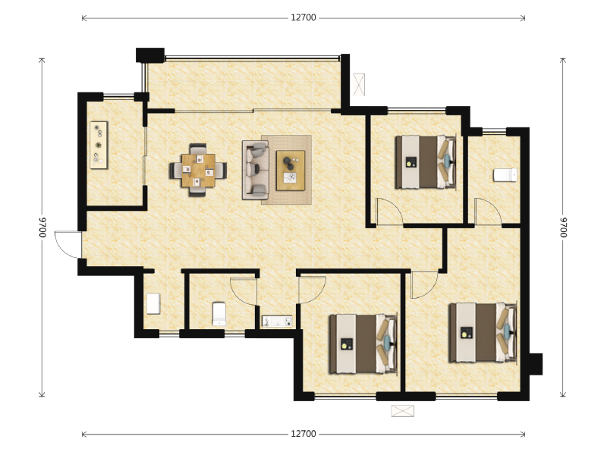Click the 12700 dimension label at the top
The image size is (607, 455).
(x=303, y=17)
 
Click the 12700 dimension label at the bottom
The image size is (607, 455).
(x=303, y=434)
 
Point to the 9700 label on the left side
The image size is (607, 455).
(x=42, y=227)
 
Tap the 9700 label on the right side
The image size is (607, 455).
(x=563, y=227)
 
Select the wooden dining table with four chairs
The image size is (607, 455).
(x=198, y=170)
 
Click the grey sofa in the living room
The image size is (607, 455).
(x=255, y=170)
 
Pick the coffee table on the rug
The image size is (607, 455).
(x=291, y=171)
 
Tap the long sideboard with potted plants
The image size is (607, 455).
(x=99, y=145)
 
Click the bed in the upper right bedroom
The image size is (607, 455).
(x=426, y=162)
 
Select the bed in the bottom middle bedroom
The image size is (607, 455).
(x=363, y=344)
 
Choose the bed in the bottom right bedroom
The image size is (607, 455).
(x=483, y=333)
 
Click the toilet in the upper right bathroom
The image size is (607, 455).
(x=505, y=175)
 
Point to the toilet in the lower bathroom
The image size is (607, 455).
(x=219, y=314)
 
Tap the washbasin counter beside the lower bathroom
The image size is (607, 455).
(x=277, y=322)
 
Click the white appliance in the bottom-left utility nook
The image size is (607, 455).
(x=153, y=304)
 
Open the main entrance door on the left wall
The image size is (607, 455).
(x=68, y=244)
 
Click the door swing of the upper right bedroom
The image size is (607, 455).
(x=390, y=211)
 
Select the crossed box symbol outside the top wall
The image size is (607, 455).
(x=359, y=84)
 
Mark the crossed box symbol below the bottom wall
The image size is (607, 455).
(x=403, y=411)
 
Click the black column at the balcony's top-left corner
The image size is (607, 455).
(x=150, y=55)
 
